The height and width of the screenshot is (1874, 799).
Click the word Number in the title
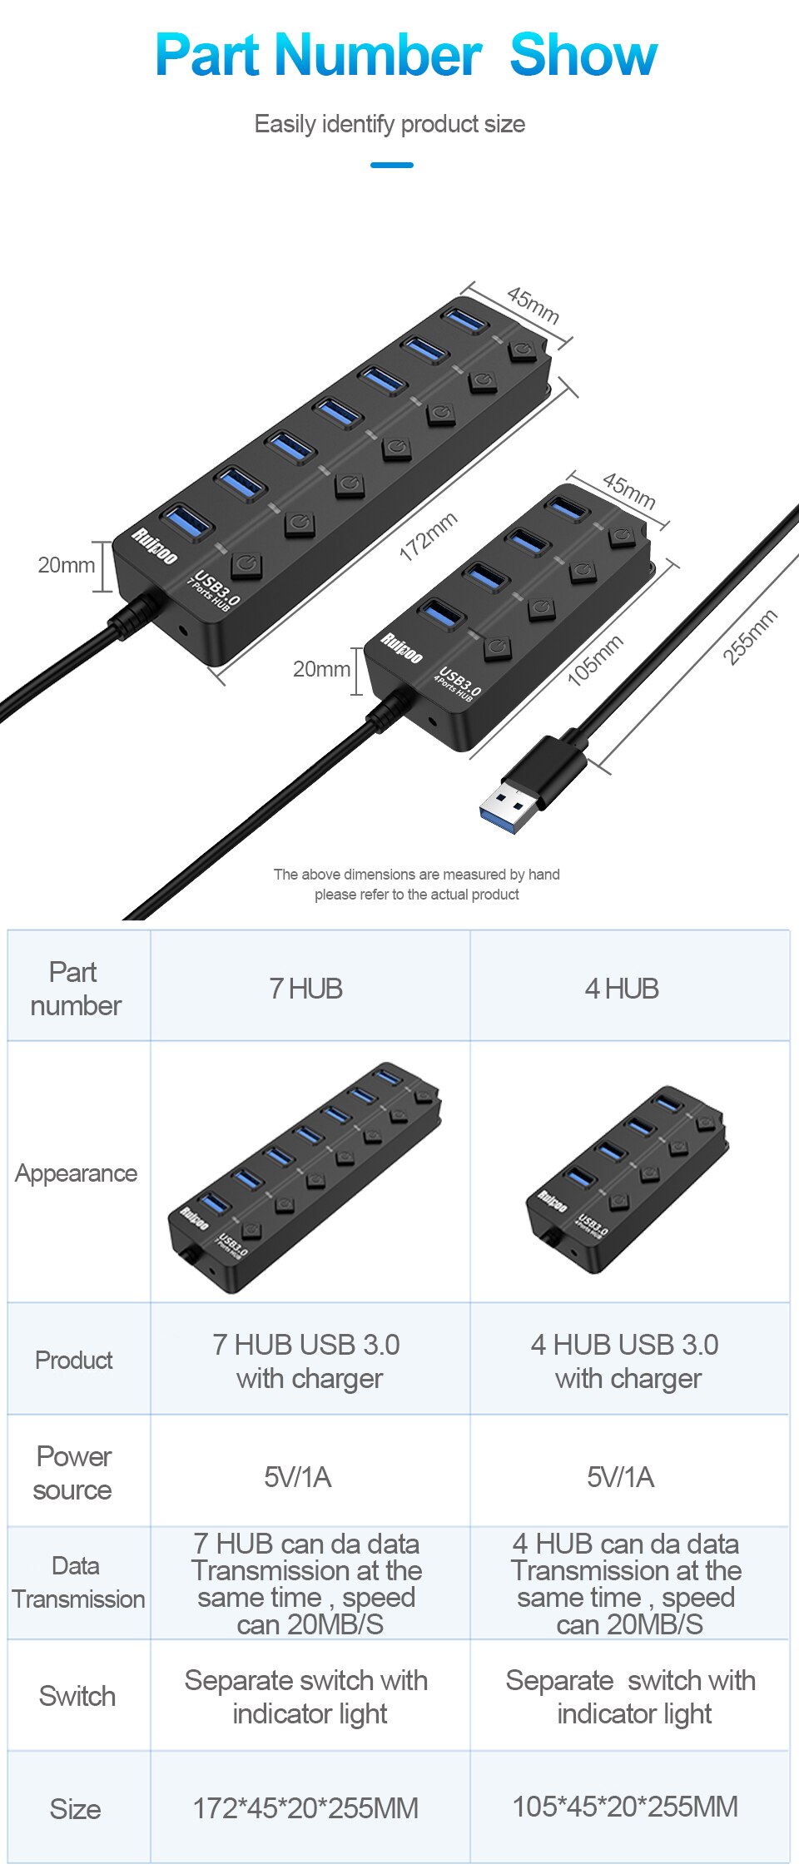[x=378, y=55]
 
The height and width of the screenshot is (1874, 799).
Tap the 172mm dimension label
[x=428, y=537]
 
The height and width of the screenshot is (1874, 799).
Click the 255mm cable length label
[x=749, y=637]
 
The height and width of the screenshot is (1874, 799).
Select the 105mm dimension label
[x=594, y=660]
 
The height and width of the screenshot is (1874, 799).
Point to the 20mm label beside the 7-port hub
[x=66, y=565]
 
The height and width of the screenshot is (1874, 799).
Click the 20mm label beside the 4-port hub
[x=320, y=669]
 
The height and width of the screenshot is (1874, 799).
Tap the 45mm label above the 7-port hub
[x=533, y=305]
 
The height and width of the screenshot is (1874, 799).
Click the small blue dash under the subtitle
[x=391, y=165]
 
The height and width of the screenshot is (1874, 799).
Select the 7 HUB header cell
[x=306, y=989]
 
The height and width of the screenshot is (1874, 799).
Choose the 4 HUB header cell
[x=622, y=989]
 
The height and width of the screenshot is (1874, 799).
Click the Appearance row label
[x=76, y=1173]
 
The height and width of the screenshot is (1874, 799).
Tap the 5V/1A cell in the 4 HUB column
[x=620, y=1477]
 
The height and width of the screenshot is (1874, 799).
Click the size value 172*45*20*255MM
[x=305, y=1808]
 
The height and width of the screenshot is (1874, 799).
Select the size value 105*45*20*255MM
[x=625, y=1807]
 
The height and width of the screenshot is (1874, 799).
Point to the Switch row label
[x=77, y=1696]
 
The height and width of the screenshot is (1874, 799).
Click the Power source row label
[x=73, y=1473]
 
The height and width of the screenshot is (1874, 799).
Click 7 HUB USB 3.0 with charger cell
[x=307, y=1361]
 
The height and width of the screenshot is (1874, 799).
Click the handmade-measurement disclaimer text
[x=416, y=885]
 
